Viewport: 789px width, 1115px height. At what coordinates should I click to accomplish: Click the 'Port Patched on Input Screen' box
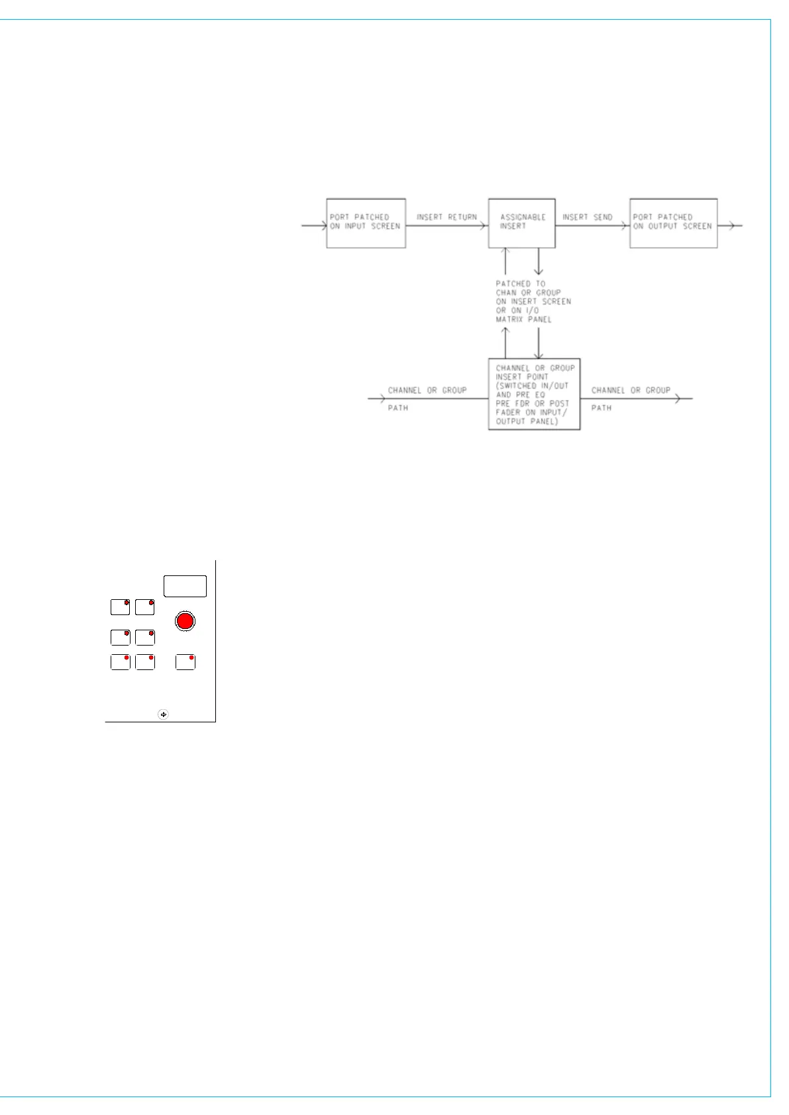(366, 223)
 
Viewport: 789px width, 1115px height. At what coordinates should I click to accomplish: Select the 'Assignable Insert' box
(521, 223)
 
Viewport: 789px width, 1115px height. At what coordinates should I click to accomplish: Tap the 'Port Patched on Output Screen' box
(673, 223)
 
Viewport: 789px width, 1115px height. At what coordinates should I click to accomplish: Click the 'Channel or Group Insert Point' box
(534, 395)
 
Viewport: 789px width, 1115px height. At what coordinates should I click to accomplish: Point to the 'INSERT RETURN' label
(447, 217)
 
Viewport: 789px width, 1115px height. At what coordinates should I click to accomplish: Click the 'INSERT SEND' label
(587, 217)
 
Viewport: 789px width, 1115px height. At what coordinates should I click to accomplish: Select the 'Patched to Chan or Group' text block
(533, 301)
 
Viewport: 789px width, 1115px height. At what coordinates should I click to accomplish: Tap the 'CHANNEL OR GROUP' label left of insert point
(427, 391)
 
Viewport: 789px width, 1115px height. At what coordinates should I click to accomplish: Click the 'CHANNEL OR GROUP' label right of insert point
(631, 391)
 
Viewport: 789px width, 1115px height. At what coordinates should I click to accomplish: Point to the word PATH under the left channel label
(398, 408)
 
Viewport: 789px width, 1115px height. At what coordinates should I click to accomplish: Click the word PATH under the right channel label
(602, 408)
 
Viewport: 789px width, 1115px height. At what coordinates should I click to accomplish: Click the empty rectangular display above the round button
(185, 586)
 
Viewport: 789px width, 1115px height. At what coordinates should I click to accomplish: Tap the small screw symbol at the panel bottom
(164, 714)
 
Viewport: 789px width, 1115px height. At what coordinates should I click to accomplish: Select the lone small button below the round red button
(185, 662)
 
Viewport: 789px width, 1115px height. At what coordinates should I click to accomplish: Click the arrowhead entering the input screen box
(323, 226)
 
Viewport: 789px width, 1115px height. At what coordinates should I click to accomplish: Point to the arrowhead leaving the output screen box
(730, 226)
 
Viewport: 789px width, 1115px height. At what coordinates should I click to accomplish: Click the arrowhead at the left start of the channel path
(382, 399)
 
